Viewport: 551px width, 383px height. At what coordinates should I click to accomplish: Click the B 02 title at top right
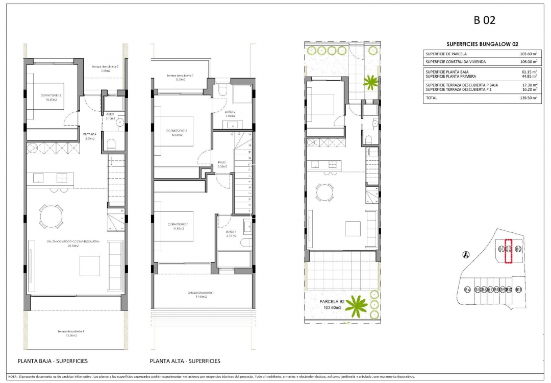485,20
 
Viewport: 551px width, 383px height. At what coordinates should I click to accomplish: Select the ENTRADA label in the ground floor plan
90,135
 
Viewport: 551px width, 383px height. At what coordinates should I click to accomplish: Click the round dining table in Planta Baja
52,216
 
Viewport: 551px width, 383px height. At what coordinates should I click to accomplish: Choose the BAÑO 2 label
230,112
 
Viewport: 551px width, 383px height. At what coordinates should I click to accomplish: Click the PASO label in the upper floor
222,162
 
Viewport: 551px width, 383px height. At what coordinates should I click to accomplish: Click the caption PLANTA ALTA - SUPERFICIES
185,361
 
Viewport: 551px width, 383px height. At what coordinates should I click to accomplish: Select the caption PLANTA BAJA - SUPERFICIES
53,361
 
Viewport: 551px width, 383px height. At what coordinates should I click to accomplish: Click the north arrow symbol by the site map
465,255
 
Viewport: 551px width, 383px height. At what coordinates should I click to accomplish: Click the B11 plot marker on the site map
518,290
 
